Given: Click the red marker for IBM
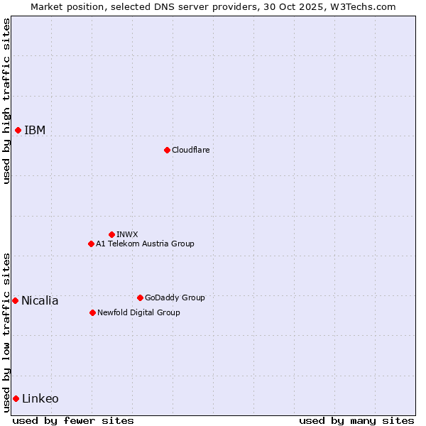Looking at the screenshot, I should (x=18, y=130).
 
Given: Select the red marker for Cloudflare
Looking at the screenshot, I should (x=167, y=150).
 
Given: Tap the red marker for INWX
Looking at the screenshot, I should (x=111, y=234).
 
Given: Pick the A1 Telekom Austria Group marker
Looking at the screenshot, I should (x=91, y=244).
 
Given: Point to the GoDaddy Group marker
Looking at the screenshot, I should (x=140, y=297).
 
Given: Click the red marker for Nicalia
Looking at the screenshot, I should (x=15, y=300).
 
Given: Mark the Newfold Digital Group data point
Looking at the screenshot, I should (x=92, y=312).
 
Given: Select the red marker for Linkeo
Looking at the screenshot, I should (x=16, y=398).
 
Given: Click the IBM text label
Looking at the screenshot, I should (x=35, y=130).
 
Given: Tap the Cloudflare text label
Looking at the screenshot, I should (x=190, y=150).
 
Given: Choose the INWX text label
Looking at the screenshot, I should (x=127, y=234).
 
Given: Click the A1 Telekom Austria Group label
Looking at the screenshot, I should (x=145, y=244).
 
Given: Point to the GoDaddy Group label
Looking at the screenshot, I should (x=175, y=297).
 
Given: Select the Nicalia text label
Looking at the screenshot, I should (x=40, y=300).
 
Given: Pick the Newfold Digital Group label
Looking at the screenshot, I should (x=138, y=312).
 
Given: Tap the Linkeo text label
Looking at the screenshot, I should (x=40, y=398).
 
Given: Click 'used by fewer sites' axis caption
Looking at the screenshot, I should (x=73, y=420).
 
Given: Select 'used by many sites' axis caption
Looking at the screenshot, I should (x=356, y=420).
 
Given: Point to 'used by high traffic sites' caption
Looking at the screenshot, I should (x=6, y=101).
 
